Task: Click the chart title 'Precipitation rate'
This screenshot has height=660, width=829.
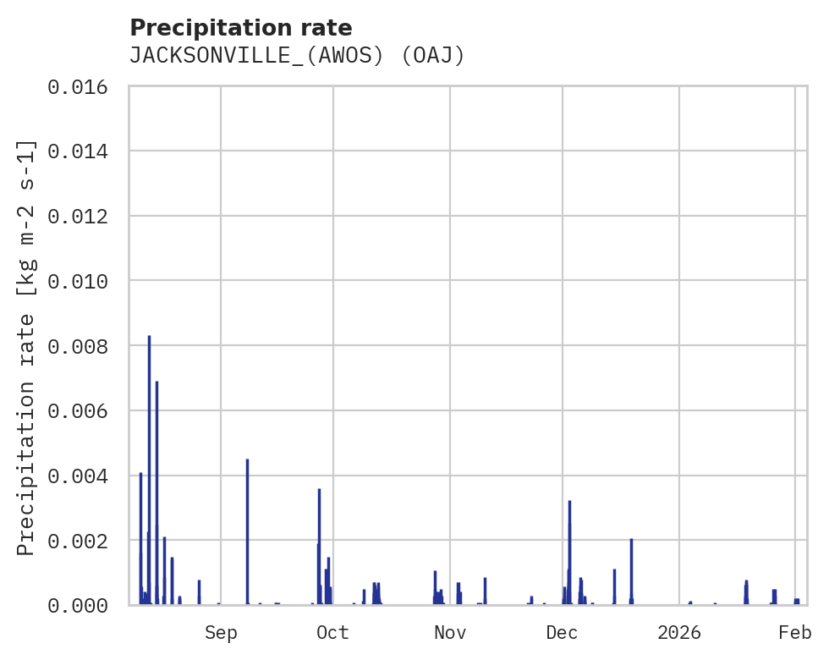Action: tap(241, 27)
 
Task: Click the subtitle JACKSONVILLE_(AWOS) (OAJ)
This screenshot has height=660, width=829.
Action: tap(297, 56)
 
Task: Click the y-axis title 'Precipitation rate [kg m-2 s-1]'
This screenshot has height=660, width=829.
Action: tap(27, 347)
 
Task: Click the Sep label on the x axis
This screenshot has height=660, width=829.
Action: tap(221, 632)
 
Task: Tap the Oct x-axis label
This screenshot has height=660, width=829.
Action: tap(333, 632)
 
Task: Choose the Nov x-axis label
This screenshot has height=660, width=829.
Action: tap(450, 632)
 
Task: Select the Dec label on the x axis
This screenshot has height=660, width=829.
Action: tap(563, 632)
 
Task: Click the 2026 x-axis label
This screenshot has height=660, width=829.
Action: tap(679, 632)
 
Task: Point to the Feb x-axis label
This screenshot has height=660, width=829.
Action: tap(795, 632)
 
